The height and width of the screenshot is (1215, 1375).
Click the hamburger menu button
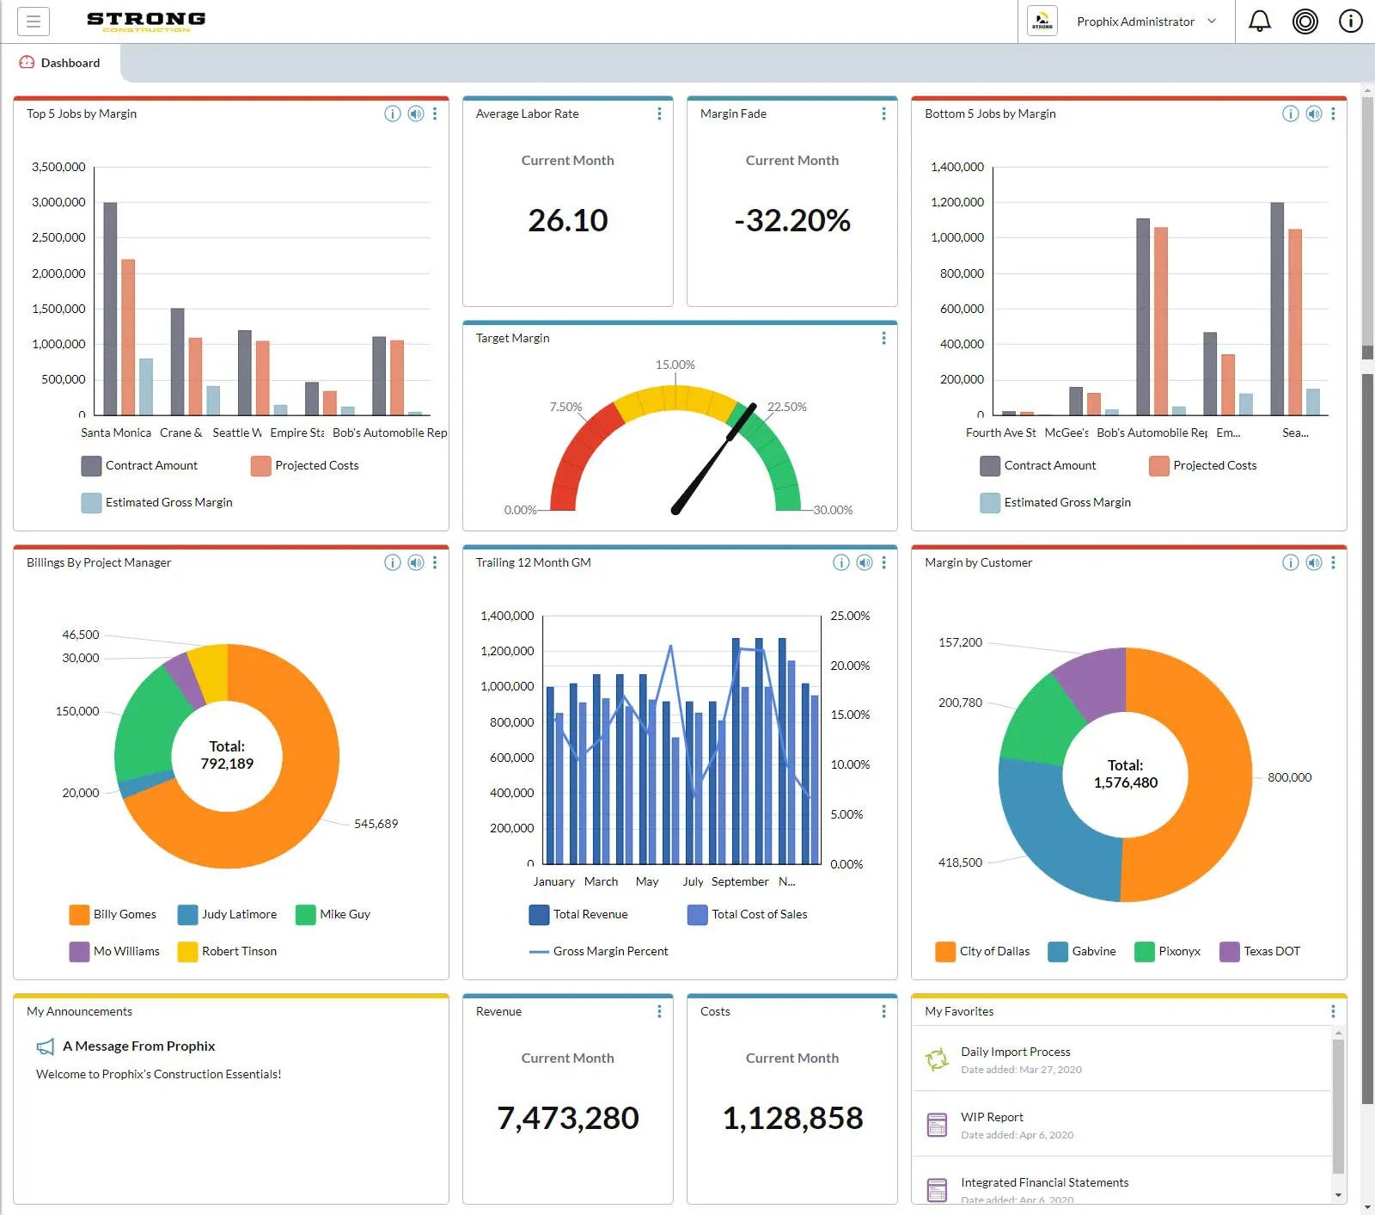(x=34, y=21)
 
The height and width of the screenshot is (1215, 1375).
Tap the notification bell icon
(x=1259, y=21)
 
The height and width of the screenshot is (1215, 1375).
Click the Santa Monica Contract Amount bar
(x=110, y=308)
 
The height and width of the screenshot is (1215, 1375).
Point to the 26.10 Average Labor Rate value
(x=567, y=221)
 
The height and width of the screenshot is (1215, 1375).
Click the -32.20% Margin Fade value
(x=791, y=221)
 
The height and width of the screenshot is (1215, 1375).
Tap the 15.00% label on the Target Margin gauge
(x=675, y=365)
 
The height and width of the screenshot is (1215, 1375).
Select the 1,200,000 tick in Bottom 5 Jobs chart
(x=956, y=202)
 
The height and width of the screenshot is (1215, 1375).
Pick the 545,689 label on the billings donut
(x=376, y=824)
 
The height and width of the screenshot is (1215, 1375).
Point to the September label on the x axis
(x=739, y=881)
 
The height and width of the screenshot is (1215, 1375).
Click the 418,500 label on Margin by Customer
(x=960, y=862)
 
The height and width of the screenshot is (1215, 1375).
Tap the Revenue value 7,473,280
(x=567, y=1118)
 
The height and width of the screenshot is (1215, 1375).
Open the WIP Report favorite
(x=992, y=1117)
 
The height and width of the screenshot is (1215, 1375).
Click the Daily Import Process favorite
(x=1015, y=1052)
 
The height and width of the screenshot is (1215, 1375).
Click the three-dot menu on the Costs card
(x=883, y=1011)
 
